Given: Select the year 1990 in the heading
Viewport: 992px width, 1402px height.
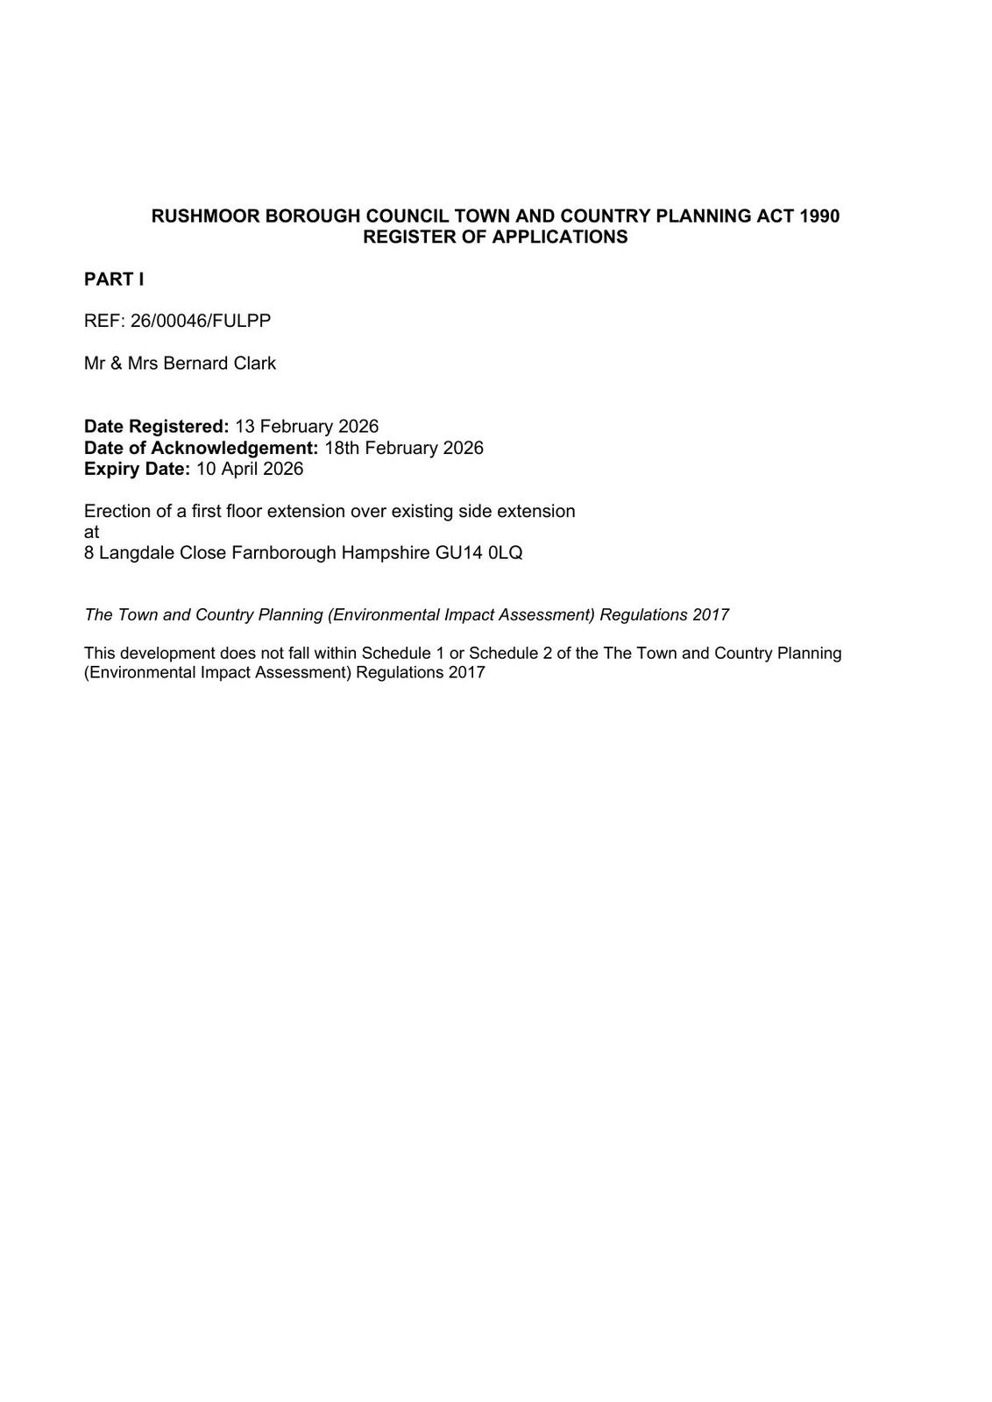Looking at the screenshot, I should coord(819,216).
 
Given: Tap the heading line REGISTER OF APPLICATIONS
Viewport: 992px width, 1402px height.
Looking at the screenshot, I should coord(495,237).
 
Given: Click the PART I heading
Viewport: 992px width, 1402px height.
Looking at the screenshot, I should coord(114,280).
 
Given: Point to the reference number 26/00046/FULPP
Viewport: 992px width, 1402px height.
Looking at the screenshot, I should coord(201,321).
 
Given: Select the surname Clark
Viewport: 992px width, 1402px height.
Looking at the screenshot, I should coord(254,363).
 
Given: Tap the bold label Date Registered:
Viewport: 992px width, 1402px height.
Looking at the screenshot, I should coord(156,427).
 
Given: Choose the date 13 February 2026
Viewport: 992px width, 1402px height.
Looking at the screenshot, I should coord(307,427).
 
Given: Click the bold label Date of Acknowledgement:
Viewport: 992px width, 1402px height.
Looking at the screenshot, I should coord(201,448).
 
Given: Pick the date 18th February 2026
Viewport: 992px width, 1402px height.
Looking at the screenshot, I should coord(404,448).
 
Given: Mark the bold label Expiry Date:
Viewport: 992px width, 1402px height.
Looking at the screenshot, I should coord(137,469).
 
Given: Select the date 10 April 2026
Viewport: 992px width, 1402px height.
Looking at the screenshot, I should coord(250,469).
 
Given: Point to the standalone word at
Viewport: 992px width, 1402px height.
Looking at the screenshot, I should coord(91,532).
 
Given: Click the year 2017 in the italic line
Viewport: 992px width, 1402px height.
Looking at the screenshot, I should coord(711,615).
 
